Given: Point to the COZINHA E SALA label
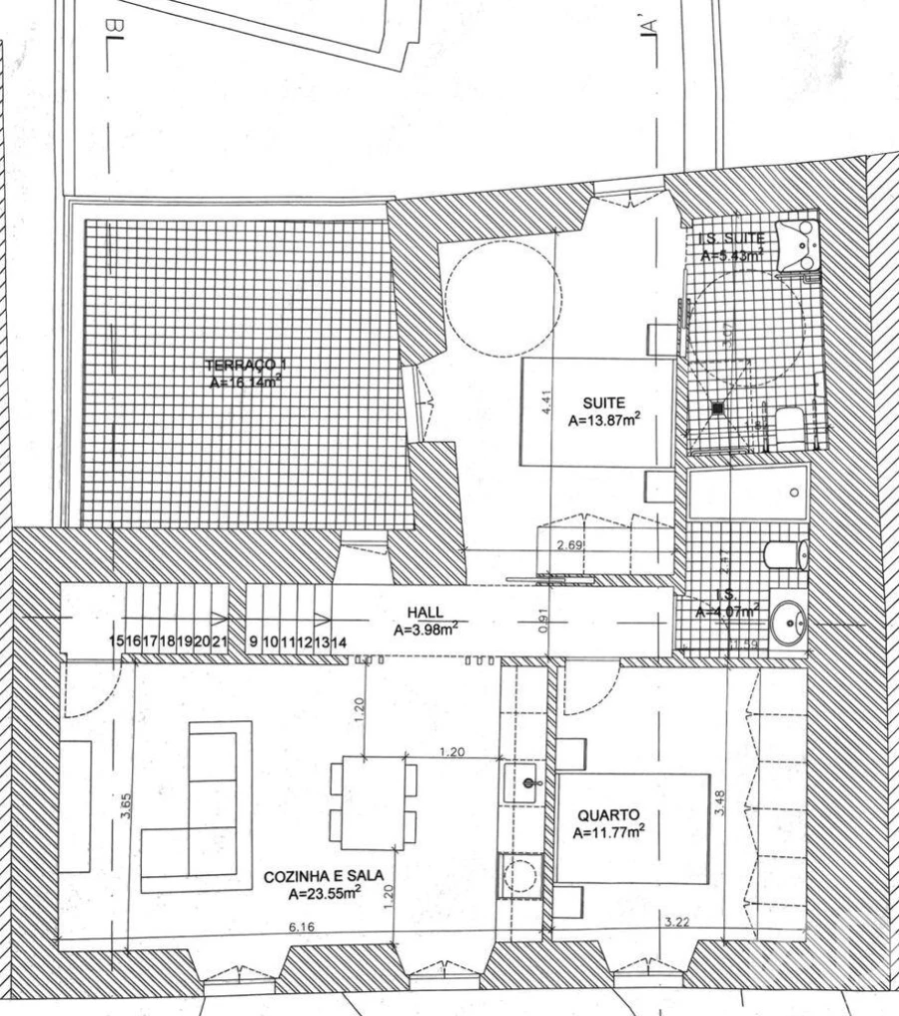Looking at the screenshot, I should [x=323, y=876].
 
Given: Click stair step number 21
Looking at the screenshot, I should [x=221, y=642].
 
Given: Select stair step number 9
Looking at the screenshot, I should [x=256, y=642].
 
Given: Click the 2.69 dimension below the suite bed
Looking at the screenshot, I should [x=567, y=544].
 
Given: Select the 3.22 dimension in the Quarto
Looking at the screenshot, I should [x=676, y=921].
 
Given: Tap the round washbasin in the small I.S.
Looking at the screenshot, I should [x=794, y=626].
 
